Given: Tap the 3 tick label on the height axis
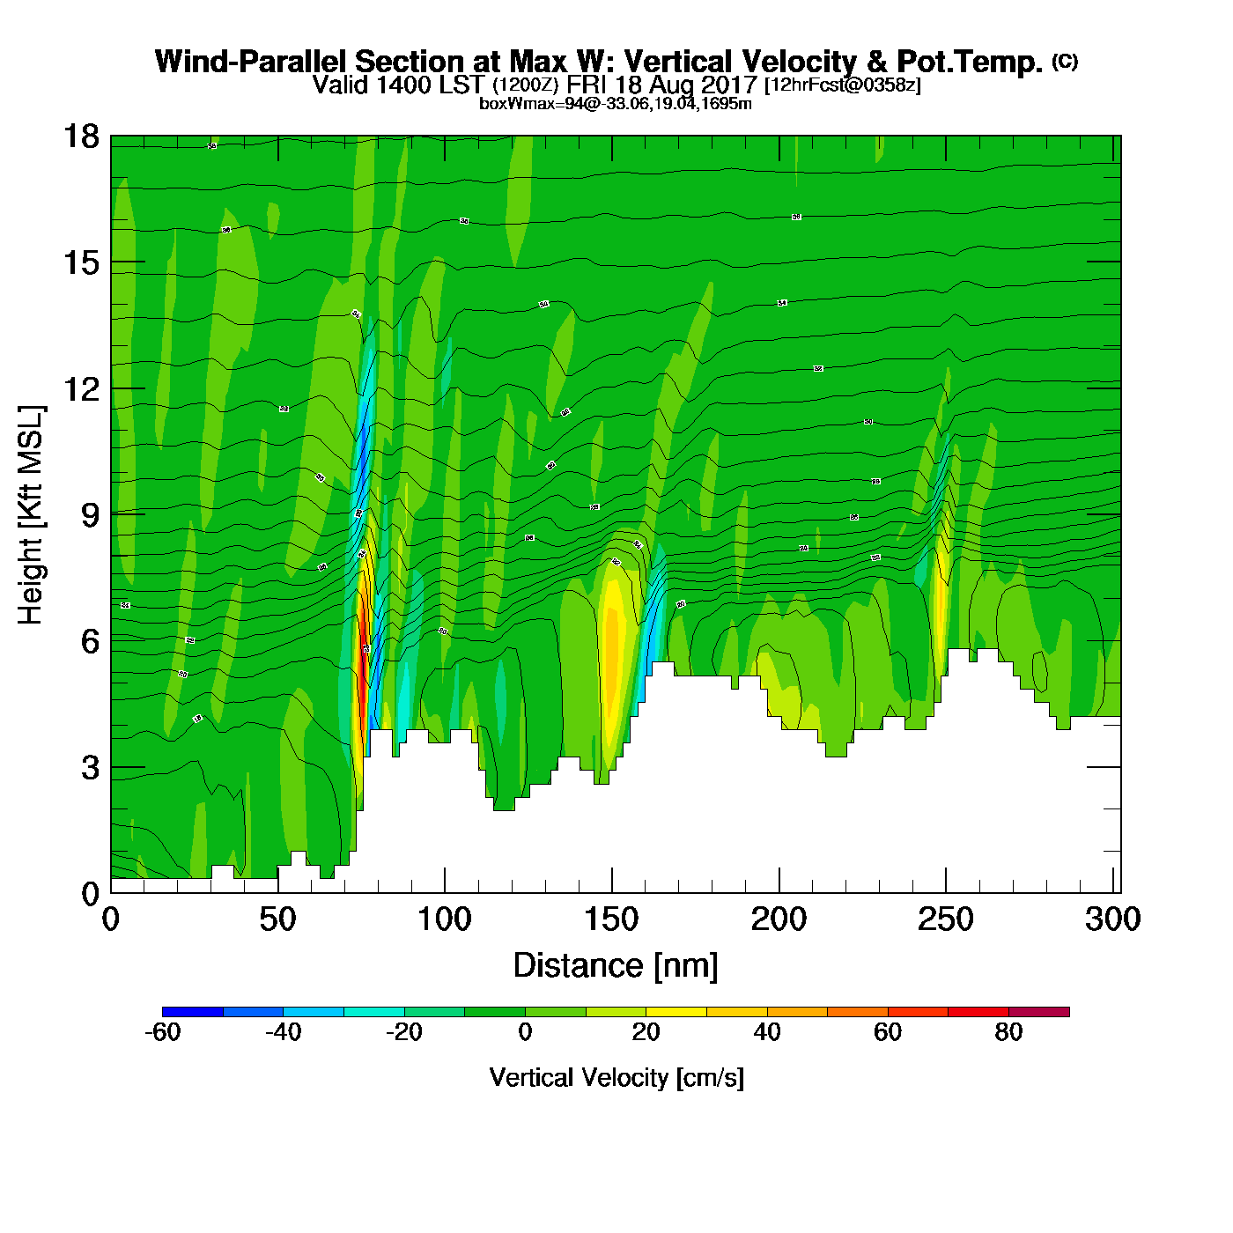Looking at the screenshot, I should click(x=90, y=768).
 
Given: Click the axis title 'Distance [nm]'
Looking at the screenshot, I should click(x=616, y=966).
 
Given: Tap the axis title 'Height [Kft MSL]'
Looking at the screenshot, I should click(x=31, y=515).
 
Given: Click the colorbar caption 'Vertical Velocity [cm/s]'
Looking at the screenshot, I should click(x=616, y=1077).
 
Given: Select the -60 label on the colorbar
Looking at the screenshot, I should click(x=162, y=1032).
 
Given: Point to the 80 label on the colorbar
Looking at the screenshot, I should click(x=1008, y=1032).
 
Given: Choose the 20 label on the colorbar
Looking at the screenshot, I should click(x=646, y=1032).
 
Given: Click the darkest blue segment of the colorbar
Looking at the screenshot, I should click(x=193, y=1012).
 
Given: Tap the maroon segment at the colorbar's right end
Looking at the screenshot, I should click(x=1039, y=1012).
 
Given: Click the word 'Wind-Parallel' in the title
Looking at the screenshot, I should click(x=251, y=62).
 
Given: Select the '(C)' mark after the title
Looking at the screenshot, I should click(x=1065, y=61).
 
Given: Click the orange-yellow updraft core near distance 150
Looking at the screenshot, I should click(x=614, y=652).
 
